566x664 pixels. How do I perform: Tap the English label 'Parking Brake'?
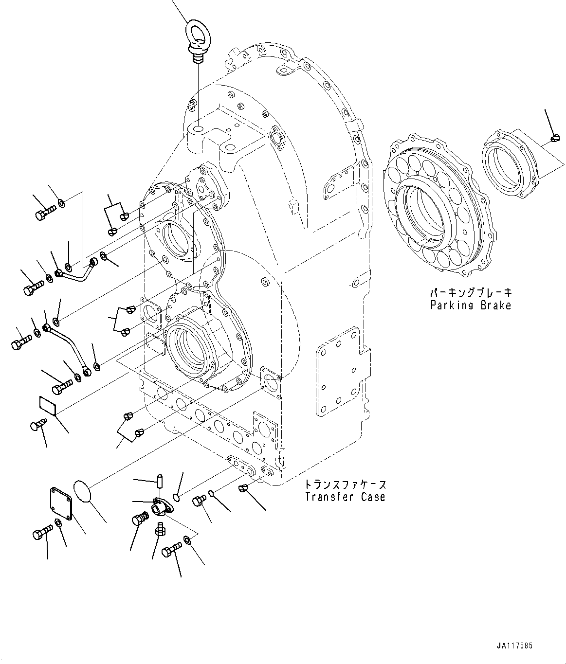[470, 305]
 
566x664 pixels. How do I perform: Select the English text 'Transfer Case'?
[345, 497]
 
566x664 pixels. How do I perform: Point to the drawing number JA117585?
[514, 646]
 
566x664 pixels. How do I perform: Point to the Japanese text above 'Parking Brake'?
[470, 293]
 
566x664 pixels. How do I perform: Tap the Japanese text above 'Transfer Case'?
[345, 485]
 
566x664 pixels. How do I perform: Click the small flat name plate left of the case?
[47, 405]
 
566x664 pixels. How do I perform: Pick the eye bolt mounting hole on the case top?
[198, 129]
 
